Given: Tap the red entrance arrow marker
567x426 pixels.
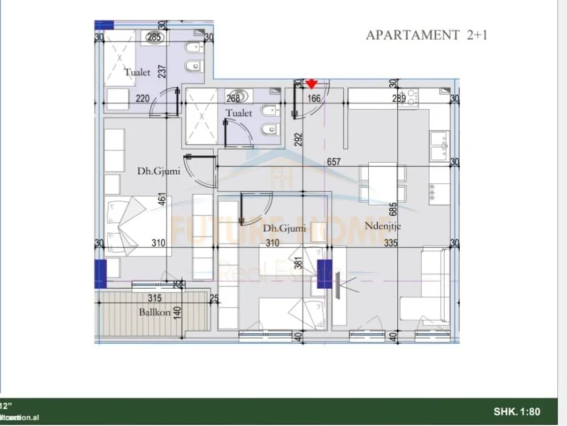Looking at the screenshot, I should (x=311, y=84).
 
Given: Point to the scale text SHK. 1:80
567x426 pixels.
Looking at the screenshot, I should (x=516, y=412).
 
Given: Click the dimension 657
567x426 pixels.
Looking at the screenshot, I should (x=334, y=161).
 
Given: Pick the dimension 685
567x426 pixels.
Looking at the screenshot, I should (x=393, y=209).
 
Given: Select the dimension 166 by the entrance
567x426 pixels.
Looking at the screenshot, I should (x=314, y=99).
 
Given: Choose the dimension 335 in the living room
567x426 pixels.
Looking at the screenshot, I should (x=391, y=243).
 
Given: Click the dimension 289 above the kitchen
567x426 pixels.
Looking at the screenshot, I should (x=399, y=99).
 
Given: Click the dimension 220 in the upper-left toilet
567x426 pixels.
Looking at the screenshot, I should (x=142, y=99).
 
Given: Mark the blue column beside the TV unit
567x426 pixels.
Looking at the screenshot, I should (x=324, y=274).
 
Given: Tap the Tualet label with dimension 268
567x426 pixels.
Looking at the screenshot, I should (x=239, y=112).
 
